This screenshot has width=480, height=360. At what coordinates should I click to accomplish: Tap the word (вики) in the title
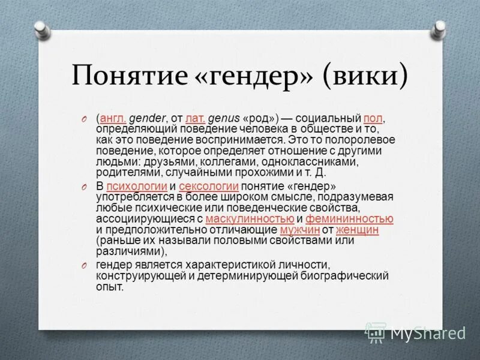(366, 76)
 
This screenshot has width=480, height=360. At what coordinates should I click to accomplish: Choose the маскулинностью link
(250, 219)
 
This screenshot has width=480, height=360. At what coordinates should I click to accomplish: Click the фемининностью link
(349, 219)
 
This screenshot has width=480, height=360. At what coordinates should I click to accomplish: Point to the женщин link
(357, 230)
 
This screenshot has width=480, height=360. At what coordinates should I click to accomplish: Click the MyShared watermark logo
(416, 332)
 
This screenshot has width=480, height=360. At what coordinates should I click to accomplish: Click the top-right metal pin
(440, 28)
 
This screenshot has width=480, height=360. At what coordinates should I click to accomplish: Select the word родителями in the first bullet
(124, 172)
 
